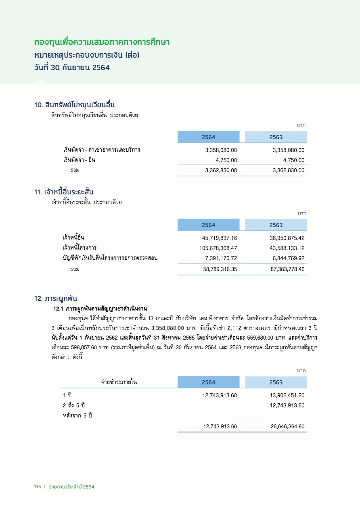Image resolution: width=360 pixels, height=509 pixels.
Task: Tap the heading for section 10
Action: coord(75,105)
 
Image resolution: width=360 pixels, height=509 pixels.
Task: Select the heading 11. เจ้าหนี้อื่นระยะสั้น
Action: coord(67,192)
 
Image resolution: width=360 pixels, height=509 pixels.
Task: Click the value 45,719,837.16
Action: coord(219,238)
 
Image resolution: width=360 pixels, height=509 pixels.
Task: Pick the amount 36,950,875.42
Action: coord(287,238)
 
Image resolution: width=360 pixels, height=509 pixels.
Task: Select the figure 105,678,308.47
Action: coord(218,248)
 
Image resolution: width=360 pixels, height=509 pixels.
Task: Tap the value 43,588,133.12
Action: coord(287,248)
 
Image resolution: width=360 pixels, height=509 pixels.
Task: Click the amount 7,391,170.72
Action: coord(221,258)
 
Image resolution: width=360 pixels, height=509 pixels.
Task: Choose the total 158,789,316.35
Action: coord(218,269)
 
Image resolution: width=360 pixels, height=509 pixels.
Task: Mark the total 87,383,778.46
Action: coord(287,269)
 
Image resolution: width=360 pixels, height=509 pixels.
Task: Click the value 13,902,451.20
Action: coord(287,395)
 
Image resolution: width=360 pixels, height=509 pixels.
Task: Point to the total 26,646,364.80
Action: coord(287,426)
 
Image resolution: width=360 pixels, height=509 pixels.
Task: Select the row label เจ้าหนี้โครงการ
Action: coord(80,248)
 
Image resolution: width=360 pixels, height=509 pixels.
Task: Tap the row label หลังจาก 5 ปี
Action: coord(78,415)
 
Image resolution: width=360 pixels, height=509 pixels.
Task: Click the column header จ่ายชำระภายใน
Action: coord(119,382)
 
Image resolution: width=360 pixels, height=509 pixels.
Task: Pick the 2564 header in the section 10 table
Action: coord(209,137)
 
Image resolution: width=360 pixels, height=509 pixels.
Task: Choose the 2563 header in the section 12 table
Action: coord(276,382)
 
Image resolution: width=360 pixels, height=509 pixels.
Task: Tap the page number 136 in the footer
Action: coord(38,487)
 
